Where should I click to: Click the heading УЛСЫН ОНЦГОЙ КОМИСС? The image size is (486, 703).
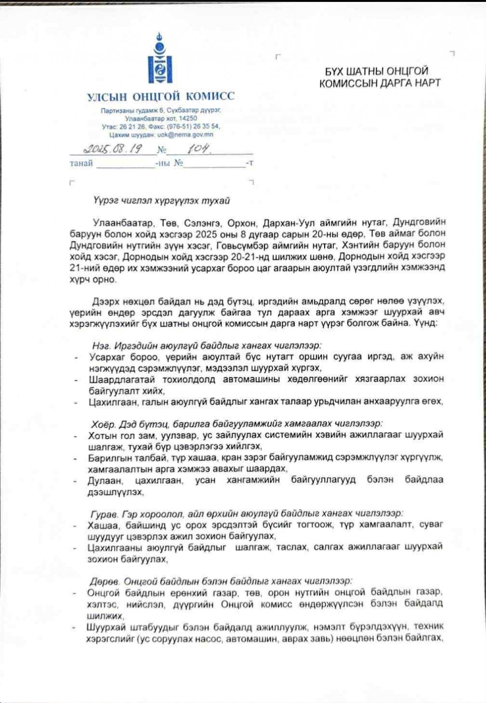[161, 96]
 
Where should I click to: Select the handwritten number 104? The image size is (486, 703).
[198, 148]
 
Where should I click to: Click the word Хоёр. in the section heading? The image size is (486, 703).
[104, 423]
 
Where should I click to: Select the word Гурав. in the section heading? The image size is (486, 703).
[104, 513]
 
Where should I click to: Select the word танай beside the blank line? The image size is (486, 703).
[81, 163]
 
